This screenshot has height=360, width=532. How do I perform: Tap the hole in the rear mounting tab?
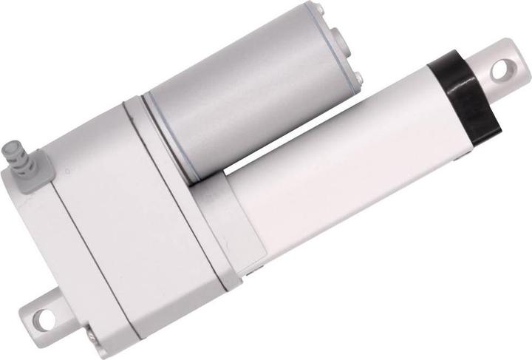(x=44, y=321)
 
